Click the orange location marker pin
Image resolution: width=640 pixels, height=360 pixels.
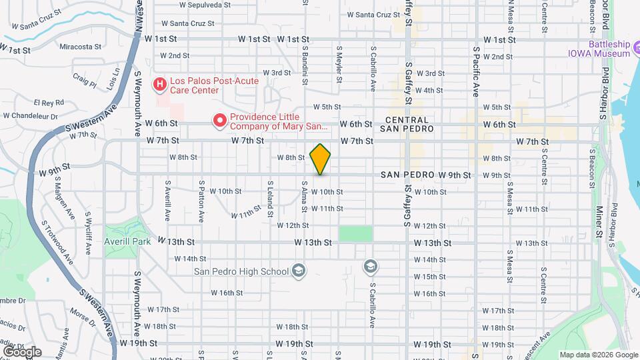click(x=321, y=159)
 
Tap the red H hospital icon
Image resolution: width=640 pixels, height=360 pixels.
click(x=160, y=84)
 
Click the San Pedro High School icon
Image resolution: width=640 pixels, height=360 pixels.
click(x=298, y=271)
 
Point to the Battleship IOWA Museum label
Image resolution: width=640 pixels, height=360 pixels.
click(x=599, y=49)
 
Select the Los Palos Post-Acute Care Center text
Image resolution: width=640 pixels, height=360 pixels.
click(x=213, y=85)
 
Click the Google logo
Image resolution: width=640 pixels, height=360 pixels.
click(x=21, y=351)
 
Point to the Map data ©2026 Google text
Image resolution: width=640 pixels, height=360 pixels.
click(x=598, y=355)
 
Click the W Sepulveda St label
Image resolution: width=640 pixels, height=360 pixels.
click(x=205, y=4)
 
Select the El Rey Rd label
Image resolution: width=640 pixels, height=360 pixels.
click(x=49, y=103)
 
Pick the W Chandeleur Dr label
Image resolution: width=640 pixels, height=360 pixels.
click(x=31, y=115)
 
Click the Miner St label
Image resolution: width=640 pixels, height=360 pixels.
click(x=599, y=222)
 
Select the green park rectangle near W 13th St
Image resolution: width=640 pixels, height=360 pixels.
click(x=355, y=233)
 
